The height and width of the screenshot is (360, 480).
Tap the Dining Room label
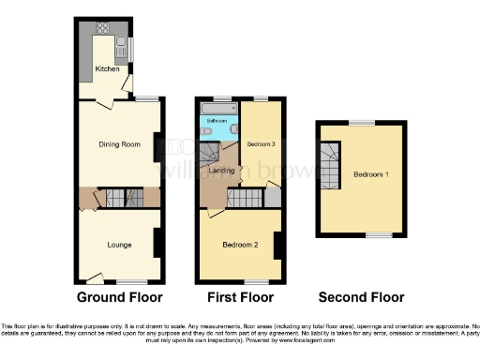118,144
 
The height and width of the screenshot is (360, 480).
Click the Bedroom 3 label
262,143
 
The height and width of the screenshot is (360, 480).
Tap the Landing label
221,170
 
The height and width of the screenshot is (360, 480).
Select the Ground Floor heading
118,297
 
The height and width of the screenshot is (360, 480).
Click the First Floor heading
240,297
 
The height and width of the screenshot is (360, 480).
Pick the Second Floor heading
361,297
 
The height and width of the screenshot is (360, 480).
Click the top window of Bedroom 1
361,122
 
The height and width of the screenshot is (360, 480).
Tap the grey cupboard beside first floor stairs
272,197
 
